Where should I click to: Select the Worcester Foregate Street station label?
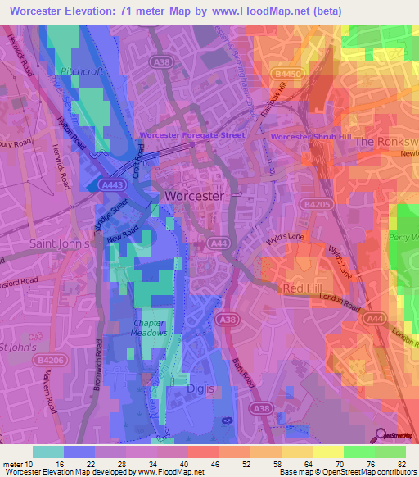[x=193, y=135]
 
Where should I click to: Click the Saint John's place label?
[x=58, y=243]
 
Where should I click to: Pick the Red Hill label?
[x=304, y=288]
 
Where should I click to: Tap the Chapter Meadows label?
[x=149, y=328]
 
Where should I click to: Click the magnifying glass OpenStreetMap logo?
[x=379, y=435]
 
